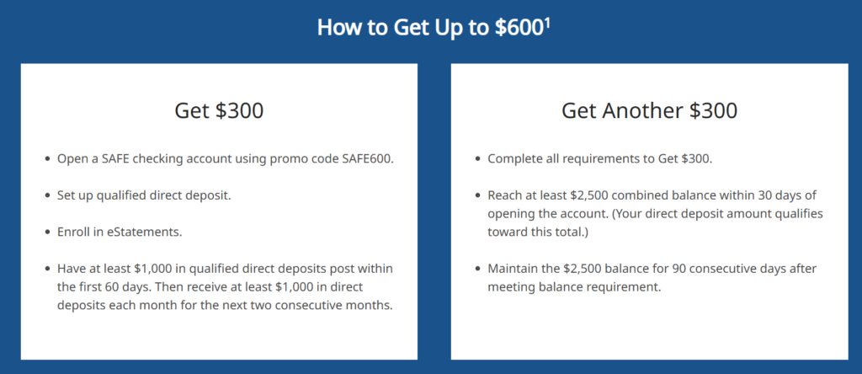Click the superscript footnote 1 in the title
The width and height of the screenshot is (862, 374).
[547, 23]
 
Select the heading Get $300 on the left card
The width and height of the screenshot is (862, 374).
[219, 110]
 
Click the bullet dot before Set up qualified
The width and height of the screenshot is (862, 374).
[47, 195]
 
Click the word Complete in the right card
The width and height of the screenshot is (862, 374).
[511, 159]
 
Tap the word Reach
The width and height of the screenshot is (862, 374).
[503, 195]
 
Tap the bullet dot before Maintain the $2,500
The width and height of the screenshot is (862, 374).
[477, 270]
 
